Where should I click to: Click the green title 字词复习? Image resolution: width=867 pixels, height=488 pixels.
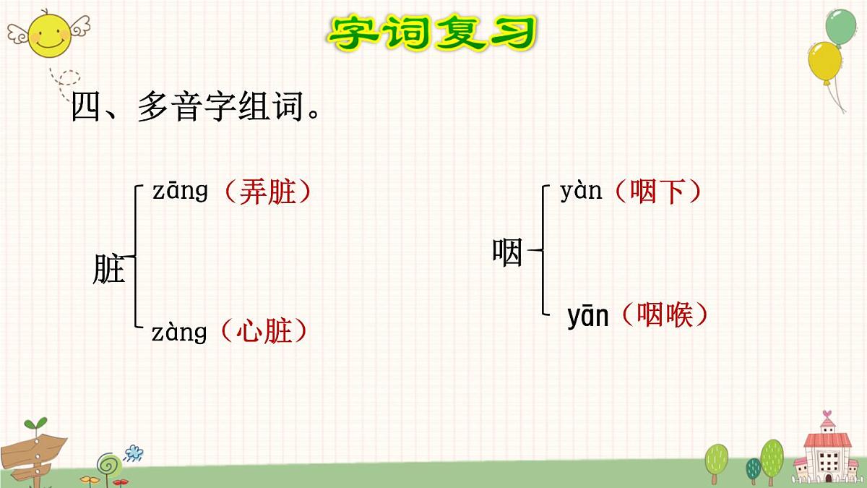[x=433, y=33]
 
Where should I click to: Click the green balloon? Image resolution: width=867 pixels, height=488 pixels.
[x=840, y=27]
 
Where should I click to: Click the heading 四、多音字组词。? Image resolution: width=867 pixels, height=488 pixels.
[x=196, y=108]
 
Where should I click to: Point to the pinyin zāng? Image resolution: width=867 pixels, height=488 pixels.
[x=180, y=191]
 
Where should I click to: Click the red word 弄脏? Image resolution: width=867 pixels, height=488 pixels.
[x=267, y=192]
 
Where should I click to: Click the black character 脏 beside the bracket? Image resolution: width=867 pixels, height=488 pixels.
[x=109, y=270]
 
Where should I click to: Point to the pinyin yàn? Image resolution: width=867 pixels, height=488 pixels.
[x=581, y=192]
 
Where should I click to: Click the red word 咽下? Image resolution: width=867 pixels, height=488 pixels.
[x=657, y=192]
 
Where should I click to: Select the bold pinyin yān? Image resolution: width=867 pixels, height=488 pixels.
[x=588, y=317]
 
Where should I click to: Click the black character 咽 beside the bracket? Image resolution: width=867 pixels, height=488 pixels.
[x=507, y=252]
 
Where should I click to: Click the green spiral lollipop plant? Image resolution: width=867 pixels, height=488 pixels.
[x=107, y=463]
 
